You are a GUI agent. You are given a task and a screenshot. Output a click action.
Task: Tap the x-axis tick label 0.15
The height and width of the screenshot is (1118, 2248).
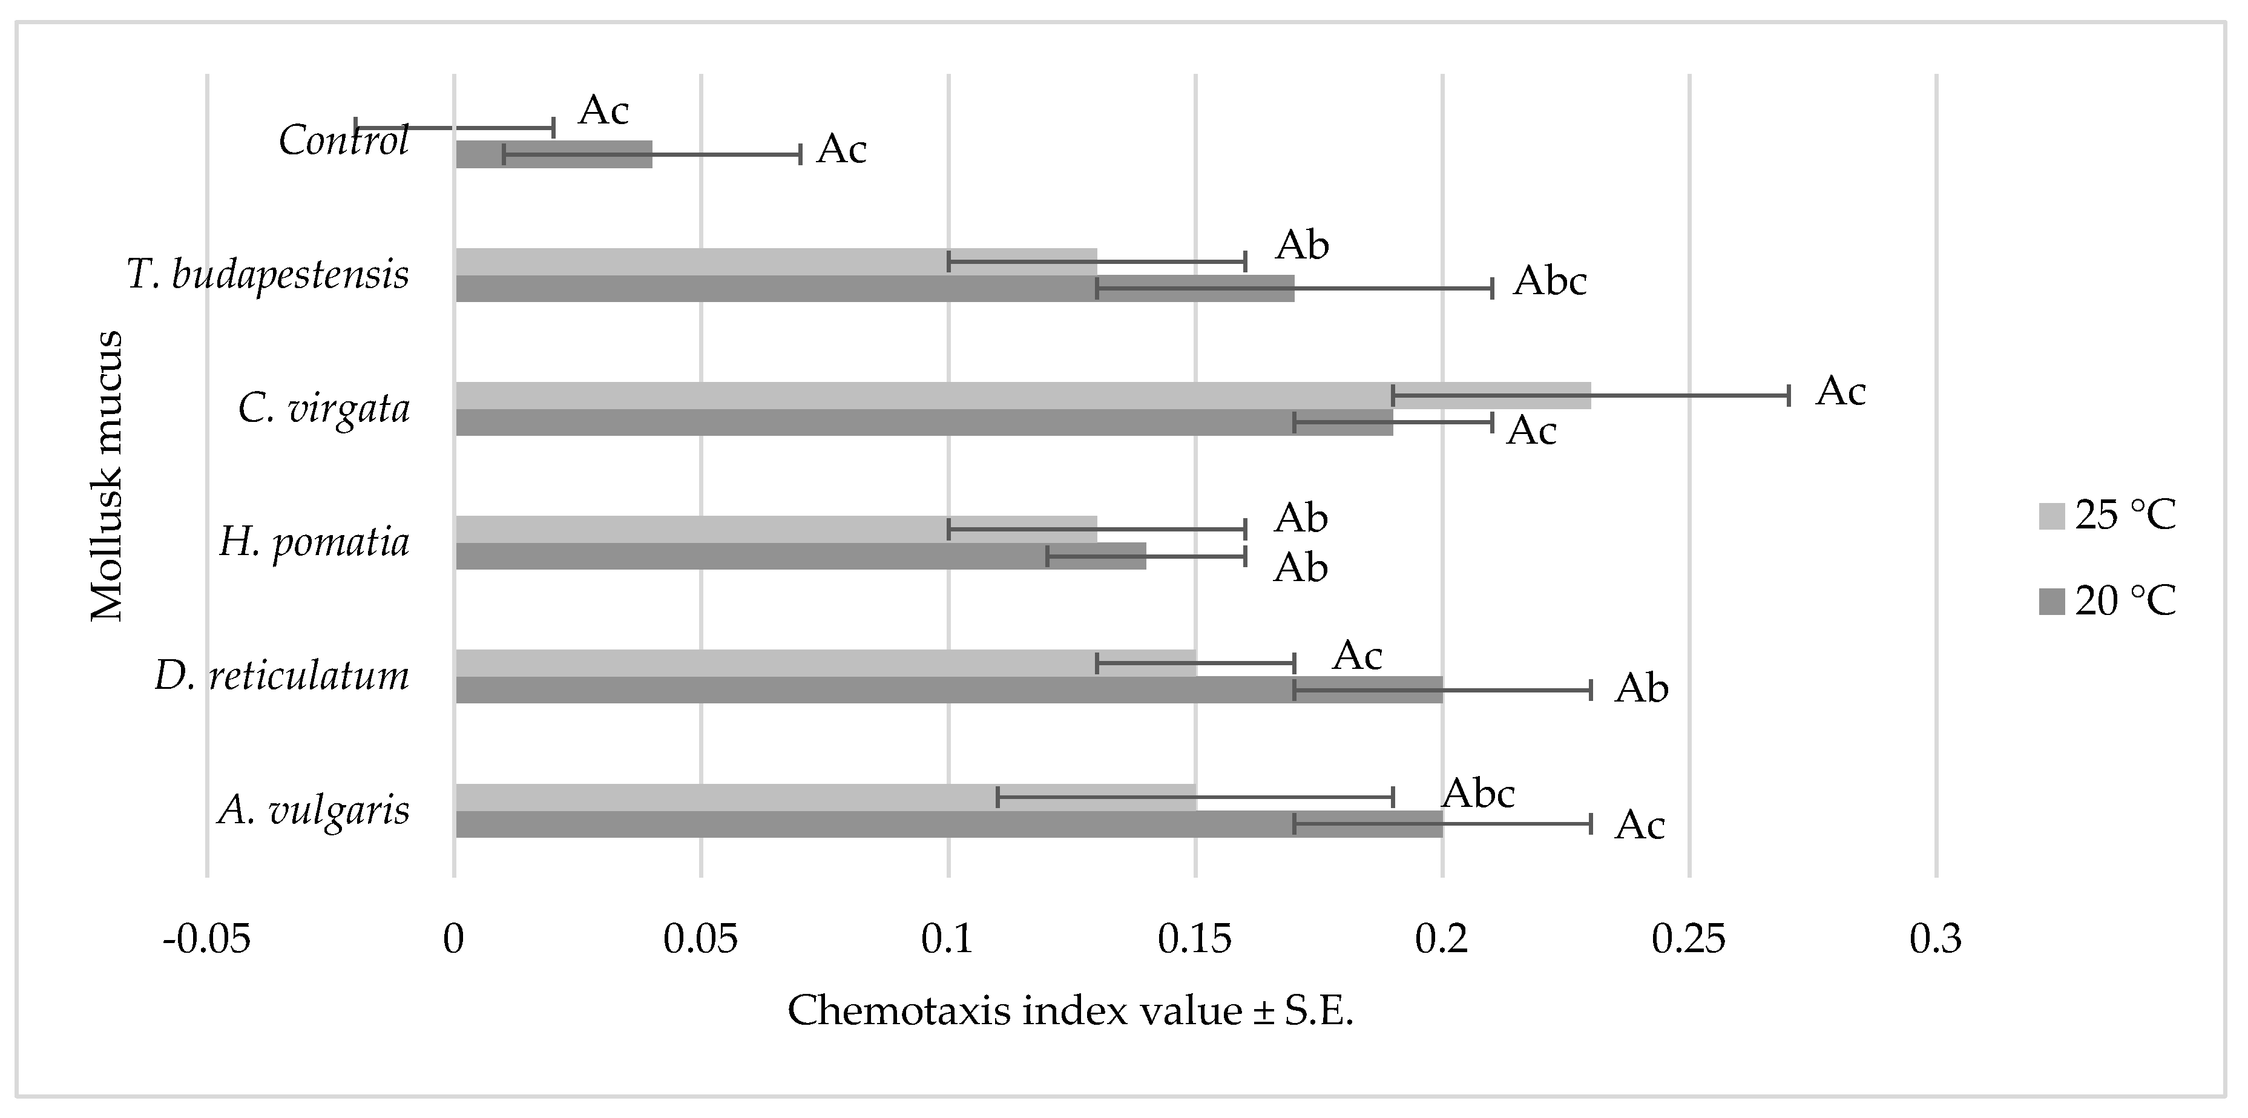(x=1195, y=940)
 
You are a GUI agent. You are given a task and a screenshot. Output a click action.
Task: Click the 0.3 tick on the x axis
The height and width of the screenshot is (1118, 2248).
(x=1936, y=940)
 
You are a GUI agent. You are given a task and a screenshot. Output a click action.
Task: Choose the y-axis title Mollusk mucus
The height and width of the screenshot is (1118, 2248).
(x=107, y=476)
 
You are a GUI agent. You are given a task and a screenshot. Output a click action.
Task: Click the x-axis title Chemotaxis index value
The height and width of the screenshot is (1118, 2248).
(x=1070, y=1011)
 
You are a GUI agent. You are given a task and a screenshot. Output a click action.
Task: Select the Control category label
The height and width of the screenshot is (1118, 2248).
(x=344, y=140)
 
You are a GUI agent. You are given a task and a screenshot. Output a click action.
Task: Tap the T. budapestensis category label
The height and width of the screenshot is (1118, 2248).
(x=268, y=275)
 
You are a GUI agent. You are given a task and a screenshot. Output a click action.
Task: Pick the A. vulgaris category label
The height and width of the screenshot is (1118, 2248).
(x=314, y=810)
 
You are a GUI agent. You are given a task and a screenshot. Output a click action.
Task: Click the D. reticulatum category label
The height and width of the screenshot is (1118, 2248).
(x=282, y=676)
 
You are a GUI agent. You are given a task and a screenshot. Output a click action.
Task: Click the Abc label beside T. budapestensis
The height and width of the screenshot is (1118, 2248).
(x=1550, y=281)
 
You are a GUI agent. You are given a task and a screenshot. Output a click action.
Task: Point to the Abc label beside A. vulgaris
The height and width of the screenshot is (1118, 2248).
(x=1477, y=794)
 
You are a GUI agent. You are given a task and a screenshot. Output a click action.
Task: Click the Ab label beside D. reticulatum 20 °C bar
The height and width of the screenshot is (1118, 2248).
(x=1642, y=689)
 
